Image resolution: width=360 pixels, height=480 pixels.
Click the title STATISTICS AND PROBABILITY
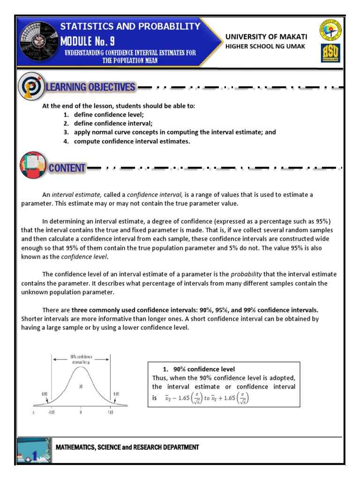[x=130, y=27]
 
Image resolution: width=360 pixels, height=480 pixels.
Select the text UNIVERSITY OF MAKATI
[x=266, y=37]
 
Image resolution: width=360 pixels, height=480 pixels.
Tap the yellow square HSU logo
[x=330, y=53]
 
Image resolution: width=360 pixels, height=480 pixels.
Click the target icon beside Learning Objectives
[x=31, y=87]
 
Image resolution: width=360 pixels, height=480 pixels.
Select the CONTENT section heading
[x=67, y=168]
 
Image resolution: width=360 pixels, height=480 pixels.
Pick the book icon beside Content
[x=33, y=165]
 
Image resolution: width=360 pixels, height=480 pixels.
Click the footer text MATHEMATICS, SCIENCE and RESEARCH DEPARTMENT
[x=127, y=448]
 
